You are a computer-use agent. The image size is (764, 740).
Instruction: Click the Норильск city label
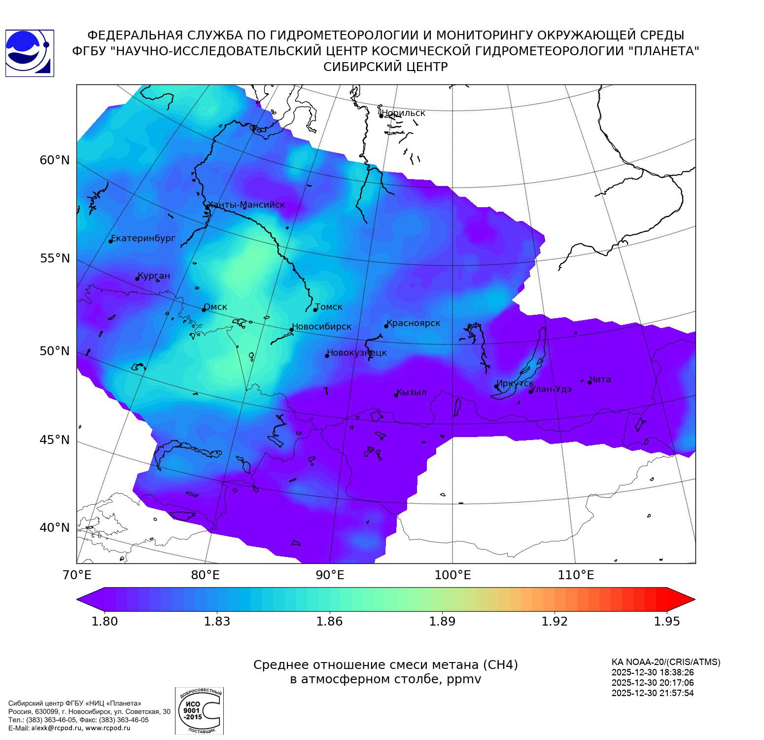tap(404, 113)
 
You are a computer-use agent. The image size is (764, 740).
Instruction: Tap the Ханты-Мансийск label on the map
tap(246, 205)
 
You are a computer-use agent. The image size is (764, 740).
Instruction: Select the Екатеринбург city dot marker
tap(111, 241)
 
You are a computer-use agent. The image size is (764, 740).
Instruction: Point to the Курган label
tap(154, 276)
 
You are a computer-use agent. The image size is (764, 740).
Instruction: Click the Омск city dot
tap(204, 310)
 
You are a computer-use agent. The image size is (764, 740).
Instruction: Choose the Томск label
tap(329, 307)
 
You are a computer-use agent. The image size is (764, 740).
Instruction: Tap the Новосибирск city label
tap(322, 327)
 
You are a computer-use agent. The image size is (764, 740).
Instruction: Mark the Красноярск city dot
tap(386, 326)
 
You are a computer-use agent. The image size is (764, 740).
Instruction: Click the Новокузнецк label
tap(357, 353)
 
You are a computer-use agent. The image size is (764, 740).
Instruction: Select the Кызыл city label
tap(412, 392)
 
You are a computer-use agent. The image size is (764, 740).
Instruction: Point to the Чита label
tap(600, 379)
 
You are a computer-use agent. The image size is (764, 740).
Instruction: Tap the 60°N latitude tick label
tap(55, 160)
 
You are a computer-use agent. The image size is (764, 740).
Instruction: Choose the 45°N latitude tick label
tap(55, 440)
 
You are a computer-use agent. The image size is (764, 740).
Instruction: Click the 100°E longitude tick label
tap(453, 575)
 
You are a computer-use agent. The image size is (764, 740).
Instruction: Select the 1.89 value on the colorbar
tap(442, 621)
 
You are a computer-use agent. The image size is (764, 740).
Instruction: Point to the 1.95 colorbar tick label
tap(667, 621)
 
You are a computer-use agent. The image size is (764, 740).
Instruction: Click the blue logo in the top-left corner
tap(30, 53)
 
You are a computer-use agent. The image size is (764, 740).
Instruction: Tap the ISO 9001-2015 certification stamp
tap(199, 710)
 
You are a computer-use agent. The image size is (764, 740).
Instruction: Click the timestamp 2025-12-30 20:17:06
tap(653, 683)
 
